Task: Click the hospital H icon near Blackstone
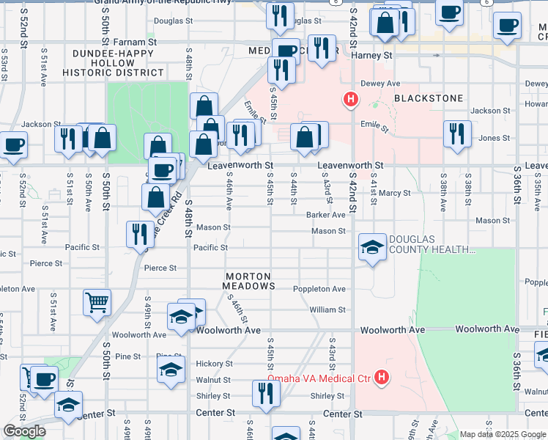[351, 99]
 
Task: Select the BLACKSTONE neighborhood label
[429, 98]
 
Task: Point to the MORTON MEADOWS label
[250, 281]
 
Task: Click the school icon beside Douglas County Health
[372, 247]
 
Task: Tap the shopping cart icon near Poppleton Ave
[97, 301]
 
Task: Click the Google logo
[24, 431]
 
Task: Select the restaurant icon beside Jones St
[457, 133]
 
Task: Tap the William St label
[327, 310]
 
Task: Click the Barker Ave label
[326, 215]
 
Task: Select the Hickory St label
[213, 364]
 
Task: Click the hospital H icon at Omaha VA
[381, 378]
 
